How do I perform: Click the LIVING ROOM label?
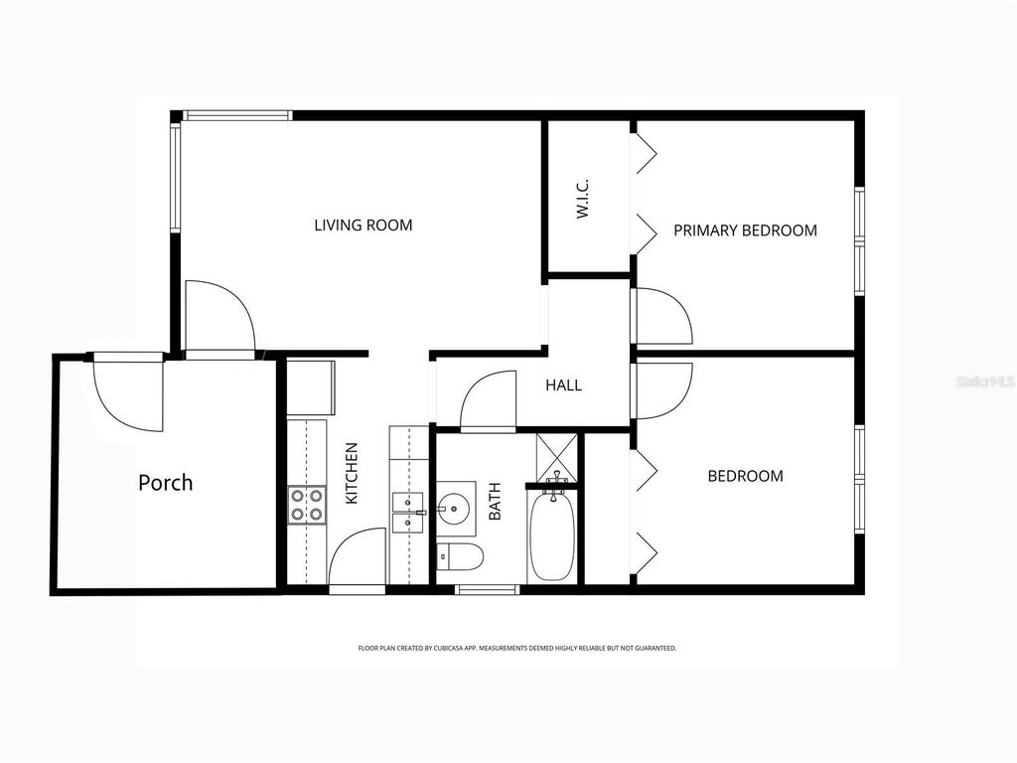coord(363,226)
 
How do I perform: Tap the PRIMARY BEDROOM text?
coord(745,230)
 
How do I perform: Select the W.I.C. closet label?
coord(583,199)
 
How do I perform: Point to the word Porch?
coord(165,483)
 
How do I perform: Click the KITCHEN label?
coord(352,473)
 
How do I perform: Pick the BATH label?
coord(495,501)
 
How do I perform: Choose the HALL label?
coord(563,385)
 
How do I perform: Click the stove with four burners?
coord(307,504)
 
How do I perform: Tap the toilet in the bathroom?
coord(460,557)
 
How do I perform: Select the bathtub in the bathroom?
coord(550,537)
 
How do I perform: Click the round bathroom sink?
coord(456,509)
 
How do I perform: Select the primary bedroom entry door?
coord(662,316)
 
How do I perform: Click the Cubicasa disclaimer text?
coord(516,648)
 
